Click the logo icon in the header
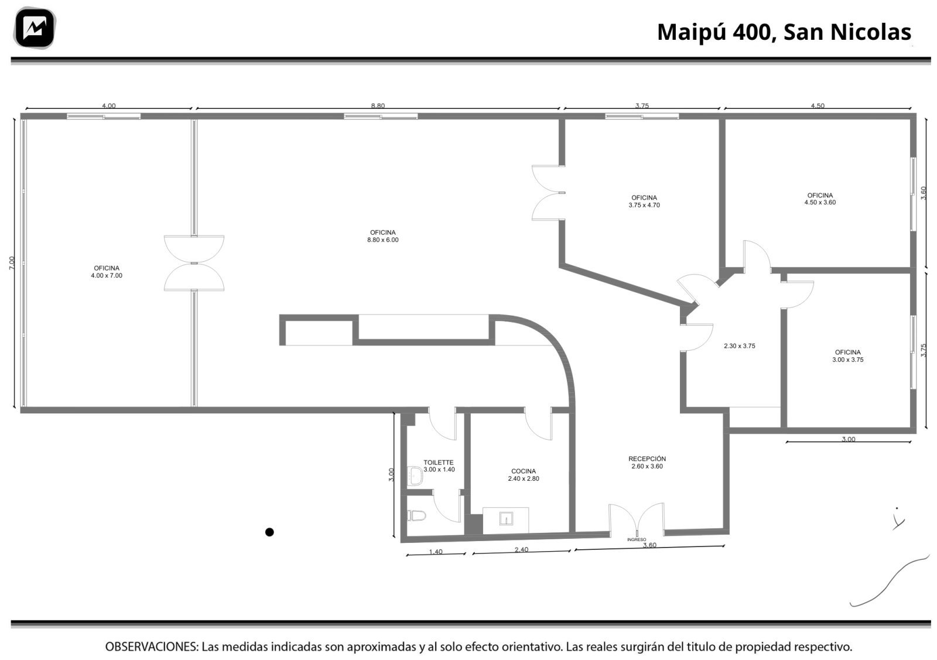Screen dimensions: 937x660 (35, 28)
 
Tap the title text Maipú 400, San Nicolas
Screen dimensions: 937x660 (784, 32)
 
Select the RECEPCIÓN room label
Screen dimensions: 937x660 (647, 459)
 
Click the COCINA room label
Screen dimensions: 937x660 (524, 471)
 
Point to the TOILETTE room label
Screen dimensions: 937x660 (439, 462)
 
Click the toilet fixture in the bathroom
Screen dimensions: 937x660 (416, 516)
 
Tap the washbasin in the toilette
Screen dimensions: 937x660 (415, 476)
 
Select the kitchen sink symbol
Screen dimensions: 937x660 (506, 519)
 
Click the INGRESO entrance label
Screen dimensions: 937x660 (636, 539)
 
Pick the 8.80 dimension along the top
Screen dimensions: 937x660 (378, 106)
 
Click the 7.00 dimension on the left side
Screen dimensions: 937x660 (12, 263)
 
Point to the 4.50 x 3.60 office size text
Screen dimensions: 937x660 (820, 203)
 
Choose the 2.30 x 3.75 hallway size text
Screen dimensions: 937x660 (740, 346)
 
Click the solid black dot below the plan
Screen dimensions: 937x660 (269, 532)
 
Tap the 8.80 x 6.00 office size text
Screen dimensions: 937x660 (383, 240)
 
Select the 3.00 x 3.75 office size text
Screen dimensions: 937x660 (848, 360)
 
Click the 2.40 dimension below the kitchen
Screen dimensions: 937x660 (521, 549)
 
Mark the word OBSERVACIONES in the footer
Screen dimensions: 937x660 (152, 647)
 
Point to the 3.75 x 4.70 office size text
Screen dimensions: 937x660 (644, 205)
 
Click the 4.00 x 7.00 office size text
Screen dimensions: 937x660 (107, 276)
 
